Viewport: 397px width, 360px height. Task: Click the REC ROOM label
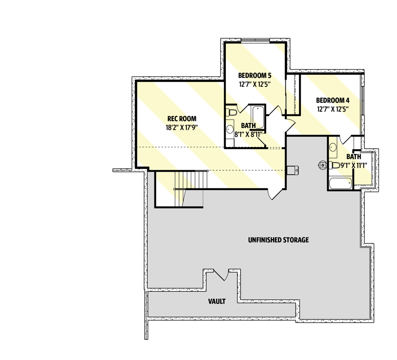(x=181, y=118)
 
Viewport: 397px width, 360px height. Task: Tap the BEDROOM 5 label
(x=255, y=75)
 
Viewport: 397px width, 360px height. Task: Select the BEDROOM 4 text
(x=333, y=100)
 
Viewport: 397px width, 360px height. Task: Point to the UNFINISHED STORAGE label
(x=278, y=240)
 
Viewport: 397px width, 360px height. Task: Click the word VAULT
(x=217, y=301)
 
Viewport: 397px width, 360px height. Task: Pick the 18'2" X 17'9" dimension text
(x=181, y=127)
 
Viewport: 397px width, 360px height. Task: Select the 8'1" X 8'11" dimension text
(x=248, y=134)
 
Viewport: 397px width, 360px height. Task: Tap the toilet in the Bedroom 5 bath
(x=231, y=112)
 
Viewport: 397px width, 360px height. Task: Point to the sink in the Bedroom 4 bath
(x=333, y=147)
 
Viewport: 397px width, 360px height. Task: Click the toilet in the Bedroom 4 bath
(x=334, y=165)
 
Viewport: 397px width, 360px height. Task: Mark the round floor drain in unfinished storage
(x=323, y=165)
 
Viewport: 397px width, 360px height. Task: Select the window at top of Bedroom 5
(x=255, y=41)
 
